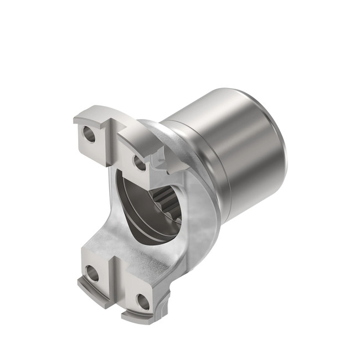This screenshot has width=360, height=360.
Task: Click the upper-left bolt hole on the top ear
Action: [x=88, y=133]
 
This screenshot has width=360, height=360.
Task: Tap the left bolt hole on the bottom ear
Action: [x=91, y=272]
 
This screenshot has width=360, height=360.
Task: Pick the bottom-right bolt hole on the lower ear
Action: [x=143, y=302]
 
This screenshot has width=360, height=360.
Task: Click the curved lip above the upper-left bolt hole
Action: [x=89, y=113]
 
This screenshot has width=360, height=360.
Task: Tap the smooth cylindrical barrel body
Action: [x=244, y=150]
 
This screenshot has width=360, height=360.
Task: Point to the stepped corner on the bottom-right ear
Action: [x=164, y=299]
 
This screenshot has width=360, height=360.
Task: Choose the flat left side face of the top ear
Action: [x=79, y=138]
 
